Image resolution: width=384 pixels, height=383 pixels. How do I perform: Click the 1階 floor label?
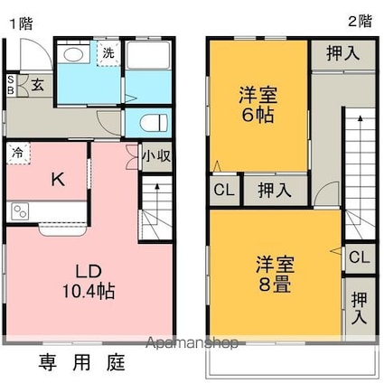(x=21, y=23)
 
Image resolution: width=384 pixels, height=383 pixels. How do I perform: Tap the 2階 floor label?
(x=360, y=22)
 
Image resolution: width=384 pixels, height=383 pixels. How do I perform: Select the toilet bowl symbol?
(x=154, y=123)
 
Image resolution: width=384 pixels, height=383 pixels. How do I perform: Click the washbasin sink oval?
(x=72, y=54)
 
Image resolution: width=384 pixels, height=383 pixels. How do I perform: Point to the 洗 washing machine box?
(x=108, y=53)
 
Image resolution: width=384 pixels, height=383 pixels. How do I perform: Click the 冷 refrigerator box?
(x=18, y=154)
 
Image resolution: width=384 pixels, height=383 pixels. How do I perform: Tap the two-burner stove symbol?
(x=20, y=211)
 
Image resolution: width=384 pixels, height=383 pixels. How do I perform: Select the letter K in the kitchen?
(x=58, y=180)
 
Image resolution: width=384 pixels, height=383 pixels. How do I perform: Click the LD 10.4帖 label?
(x=89, y=281)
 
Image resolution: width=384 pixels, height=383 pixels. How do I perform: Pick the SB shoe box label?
(x=11, y=86)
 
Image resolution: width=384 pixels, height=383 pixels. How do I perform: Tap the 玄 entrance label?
(x=37, y=85)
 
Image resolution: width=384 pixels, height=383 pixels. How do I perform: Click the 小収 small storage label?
(x=156, y=156)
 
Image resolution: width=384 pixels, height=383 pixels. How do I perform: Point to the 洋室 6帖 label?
(x=258, y=105)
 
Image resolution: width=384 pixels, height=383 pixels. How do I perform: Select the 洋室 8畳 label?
(x=275, y=274)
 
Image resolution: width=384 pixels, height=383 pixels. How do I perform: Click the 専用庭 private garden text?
(x=81, y=362)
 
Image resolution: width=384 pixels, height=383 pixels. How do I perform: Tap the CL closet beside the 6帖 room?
(x=224, y=190)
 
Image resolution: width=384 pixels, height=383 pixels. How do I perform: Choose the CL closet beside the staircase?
(x=360, y=257)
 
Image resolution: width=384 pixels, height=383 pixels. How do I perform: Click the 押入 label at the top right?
(x=343, y=54)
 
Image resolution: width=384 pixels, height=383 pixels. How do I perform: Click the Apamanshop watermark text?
(x=192, y=342)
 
